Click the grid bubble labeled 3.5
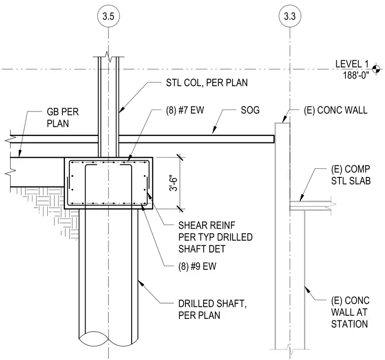(108, 16)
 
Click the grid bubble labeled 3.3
(290, 16)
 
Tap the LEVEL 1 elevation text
(352, 64)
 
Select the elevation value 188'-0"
(356, 75)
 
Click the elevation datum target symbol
(376, 69)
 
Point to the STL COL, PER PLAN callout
(207, 83)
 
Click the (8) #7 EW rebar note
(185, 110)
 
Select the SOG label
(250, 110)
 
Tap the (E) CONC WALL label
(336, 110)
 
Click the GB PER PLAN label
(63, 118)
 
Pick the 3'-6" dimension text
(174, 183)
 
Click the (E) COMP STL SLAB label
(351, 175)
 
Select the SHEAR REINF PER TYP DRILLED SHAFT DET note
(215, 237)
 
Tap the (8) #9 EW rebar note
(197, 266)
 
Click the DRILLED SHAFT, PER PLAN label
(212, 309)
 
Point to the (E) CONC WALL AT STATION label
(350, 312)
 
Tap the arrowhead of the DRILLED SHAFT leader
(141, 282)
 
